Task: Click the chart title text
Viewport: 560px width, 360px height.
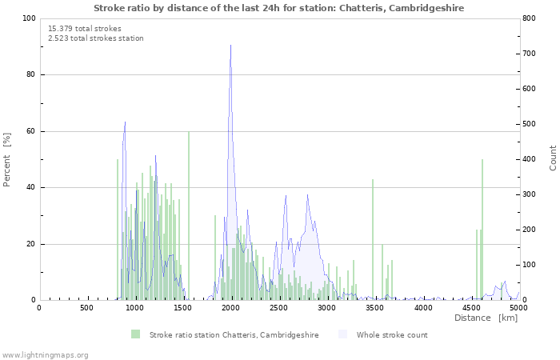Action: [279, 8]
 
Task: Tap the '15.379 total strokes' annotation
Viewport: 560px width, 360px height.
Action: [85, 29]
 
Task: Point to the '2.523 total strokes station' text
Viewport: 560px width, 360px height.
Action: [96, 38]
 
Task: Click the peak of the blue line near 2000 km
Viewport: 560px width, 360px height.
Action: [230, 45]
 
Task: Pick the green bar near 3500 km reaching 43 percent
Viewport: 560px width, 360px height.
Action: [373, 240]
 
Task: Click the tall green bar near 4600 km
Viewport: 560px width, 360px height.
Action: [482, 230]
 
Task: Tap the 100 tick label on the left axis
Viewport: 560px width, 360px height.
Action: [29, 18]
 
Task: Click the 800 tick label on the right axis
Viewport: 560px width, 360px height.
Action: [529, 18]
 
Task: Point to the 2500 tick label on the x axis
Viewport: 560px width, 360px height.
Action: [278, 307]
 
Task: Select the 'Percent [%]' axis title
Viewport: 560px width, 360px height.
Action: [6, 160]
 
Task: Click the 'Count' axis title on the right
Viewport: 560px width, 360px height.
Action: [553, 158]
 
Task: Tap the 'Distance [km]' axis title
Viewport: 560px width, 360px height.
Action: [486, 318]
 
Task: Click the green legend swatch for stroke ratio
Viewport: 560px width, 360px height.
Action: [136, 334]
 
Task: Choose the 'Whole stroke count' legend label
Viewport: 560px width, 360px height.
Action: [392, 335]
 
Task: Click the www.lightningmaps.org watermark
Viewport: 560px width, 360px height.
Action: [44, 355]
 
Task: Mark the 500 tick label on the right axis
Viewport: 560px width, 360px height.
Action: [529, 124]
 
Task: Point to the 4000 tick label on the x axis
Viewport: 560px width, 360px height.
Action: [423, 307]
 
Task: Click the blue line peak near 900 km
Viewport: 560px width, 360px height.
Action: [125, 122]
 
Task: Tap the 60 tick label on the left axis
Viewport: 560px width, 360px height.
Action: [31, 131]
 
